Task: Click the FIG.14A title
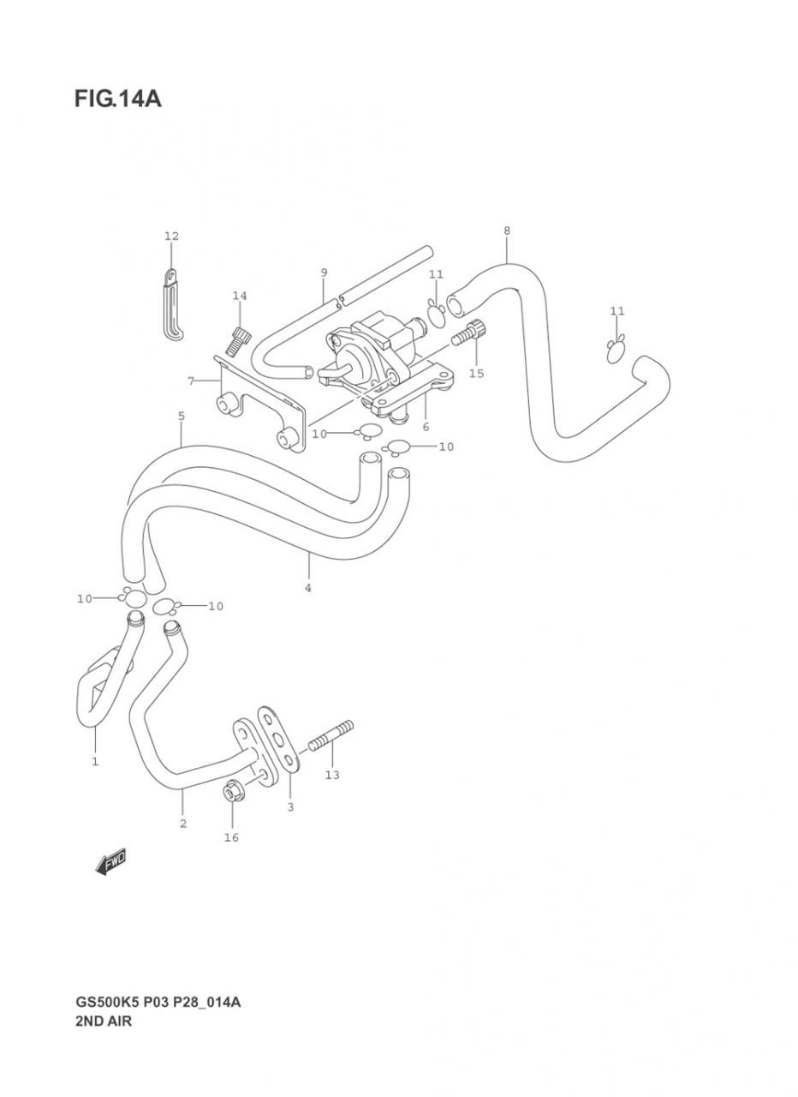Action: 118,99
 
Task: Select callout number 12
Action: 171,236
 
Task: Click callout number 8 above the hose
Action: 506,231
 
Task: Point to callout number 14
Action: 240,296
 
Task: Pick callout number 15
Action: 476,374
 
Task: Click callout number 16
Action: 231,837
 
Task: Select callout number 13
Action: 332,775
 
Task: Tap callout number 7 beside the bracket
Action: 191,381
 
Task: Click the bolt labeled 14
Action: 238,341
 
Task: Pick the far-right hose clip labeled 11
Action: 616,349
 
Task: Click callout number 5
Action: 181,417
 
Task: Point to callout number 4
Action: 307,588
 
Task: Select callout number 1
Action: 95,762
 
